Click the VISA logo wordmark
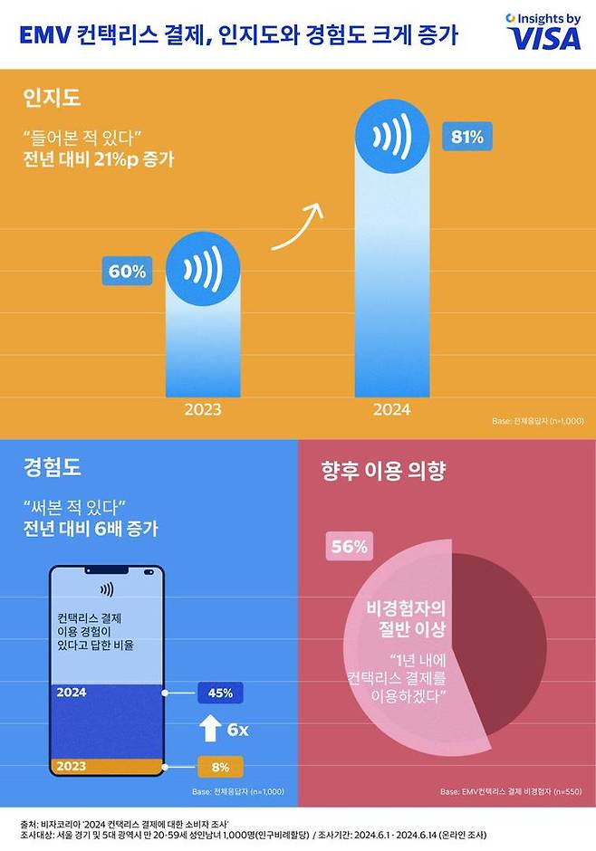543,38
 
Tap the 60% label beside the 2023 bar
127,271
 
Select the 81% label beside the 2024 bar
467,138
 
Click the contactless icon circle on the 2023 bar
203,269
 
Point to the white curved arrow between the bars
297,228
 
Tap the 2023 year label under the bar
203,409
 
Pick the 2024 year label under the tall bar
391,409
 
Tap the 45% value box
220,693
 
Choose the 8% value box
220,766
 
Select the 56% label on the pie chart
348,547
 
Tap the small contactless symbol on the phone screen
107,588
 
